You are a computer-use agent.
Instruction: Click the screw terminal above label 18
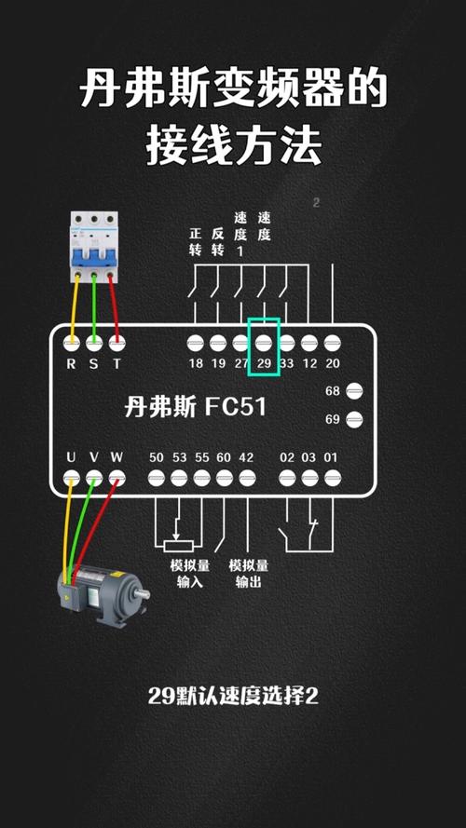[x=196, y=343]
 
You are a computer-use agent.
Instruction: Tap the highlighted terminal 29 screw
[x=264, y=343]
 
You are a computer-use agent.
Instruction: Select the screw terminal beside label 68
[x=354, y=391]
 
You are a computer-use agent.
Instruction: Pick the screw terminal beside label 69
[x=354, y=419]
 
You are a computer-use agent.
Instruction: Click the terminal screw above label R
[x=71, y=342]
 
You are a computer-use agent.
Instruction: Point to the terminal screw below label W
[x=116, y=479]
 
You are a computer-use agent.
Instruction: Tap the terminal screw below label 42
[x=246, y=479]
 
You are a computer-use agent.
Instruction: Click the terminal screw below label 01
[x=331, y=479]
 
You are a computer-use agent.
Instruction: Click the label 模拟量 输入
[x=189, y=574]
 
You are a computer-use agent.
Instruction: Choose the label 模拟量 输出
[x=248, y=574]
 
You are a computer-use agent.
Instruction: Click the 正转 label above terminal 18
[x=196, y=241]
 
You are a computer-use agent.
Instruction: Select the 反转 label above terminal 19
[x=218, y=241]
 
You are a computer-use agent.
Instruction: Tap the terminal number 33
[x=286, y=363]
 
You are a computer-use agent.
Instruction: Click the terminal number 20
[x=332, y=363]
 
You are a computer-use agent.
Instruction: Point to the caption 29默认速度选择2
[x=233, y=696]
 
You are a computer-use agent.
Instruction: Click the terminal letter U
[x=71, y=457]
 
